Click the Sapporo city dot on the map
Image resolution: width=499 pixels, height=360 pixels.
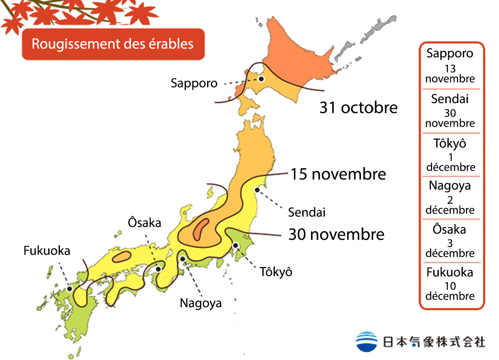point(261,79)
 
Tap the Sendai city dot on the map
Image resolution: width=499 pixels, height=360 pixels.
point(257,190)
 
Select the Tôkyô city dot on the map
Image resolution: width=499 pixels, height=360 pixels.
point(235,245)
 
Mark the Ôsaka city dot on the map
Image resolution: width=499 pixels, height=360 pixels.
point(158,269)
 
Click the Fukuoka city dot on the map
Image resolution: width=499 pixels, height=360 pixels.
point(69,288)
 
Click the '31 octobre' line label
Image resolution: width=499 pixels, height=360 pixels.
point(358,108)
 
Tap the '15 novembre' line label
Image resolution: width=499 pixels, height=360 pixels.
point(338,174)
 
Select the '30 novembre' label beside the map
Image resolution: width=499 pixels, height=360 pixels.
point(336,234)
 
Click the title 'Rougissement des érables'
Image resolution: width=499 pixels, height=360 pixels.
point(113,44)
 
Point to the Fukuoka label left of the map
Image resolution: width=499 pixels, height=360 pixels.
point(47,251)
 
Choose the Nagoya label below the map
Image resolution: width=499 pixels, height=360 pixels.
point(200,303)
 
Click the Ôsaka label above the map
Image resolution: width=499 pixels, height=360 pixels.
point(144,223)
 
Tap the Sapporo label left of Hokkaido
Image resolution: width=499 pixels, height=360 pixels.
point(194,83)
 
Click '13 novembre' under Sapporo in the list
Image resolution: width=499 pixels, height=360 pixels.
point(450,74)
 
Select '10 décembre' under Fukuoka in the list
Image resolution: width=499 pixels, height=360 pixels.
point(450,291)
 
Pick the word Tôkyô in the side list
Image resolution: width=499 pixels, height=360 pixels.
point(450,143)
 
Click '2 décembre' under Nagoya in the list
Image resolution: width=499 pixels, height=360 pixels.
point(450,205)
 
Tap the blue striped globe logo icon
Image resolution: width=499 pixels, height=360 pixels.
point(367,341)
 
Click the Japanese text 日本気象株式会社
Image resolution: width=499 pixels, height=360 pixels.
point(433,342)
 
